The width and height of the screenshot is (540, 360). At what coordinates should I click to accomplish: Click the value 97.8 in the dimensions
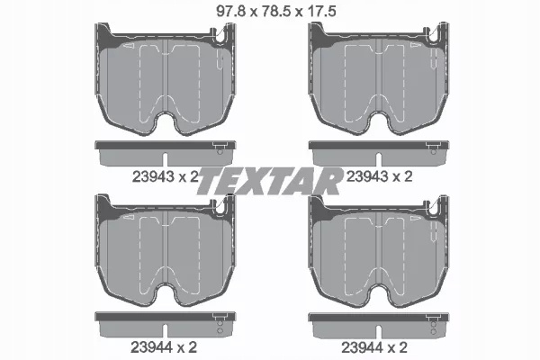click(230, 12)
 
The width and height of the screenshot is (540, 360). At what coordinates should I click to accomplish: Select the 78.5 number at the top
click(276, 12)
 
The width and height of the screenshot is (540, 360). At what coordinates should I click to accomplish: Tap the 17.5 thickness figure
click(322, 12)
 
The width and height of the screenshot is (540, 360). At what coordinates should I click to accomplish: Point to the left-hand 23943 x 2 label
click(166, 177)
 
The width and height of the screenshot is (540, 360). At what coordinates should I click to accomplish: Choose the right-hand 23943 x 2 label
click(379, 176)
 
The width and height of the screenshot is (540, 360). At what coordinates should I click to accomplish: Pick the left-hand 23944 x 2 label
click(164, 347)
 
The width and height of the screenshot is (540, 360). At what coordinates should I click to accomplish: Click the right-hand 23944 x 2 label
click(374, 347)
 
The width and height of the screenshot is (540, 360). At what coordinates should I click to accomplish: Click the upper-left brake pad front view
click(166, 78)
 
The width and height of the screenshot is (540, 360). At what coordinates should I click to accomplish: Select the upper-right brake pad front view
click(379, 78)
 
